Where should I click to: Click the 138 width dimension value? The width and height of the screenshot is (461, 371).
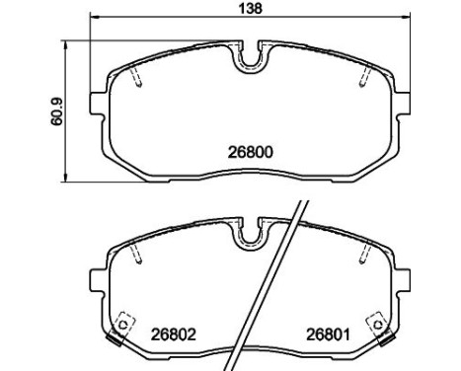tap(250, 8)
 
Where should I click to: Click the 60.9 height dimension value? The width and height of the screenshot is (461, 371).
tap(57, 111)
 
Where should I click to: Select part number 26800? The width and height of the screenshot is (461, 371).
tap(251, 152)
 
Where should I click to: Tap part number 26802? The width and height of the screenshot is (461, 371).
tap(174, 334)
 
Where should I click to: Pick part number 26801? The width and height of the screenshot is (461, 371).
tap(328, 334)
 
